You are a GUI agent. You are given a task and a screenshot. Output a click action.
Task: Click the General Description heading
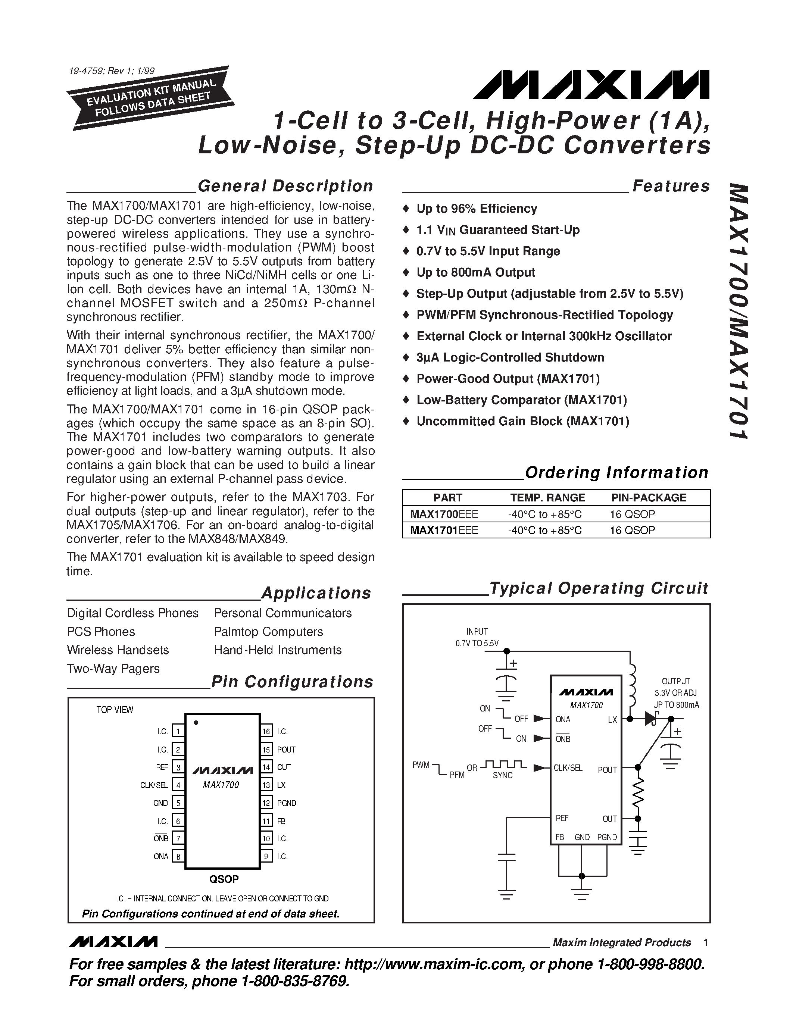(x=285, y=186)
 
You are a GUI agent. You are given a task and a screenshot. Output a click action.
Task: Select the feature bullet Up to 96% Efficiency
(x=477, y=209)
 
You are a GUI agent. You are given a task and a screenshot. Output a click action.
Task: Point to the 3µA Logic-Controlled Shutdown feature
(x=510, y=357)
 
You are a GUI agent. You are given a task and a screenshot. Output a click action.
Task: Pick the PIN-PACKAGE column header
(x=648, y=498)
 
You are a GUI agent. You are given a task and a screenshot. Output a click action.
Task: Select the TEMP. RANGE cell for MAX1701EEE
(x=544, y=531)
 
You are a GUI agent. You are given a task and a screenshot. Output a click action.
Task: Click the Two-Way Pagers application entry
(x=113, y=669)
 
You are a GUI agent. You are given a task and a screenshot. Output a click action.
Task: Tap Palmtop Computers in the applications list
(x=268, y=632)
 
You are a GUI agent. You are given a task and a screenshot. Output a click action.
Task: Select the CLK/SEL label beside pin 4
(x=154, y=785)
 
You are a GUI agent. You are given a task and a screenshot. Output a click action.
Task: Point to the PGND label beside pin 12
(x=287, y=803)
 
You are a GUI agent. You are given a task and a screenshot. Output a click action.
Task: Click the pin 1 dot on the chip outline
(x=196, y=723)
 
